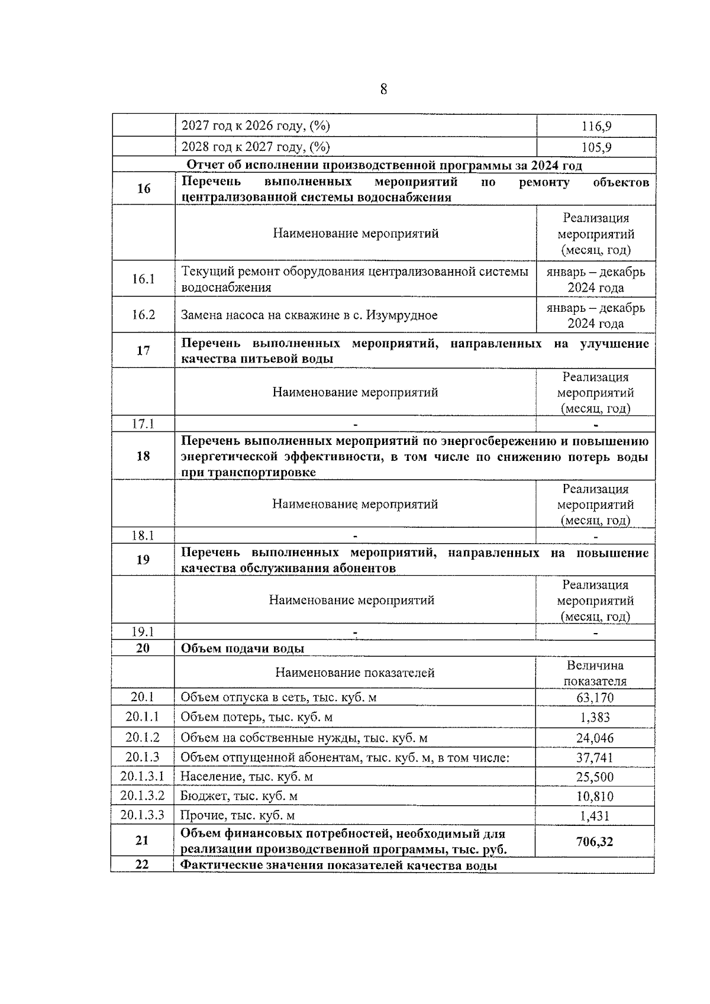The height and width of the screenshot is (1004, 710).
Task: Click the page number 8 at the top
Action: pos(383,89)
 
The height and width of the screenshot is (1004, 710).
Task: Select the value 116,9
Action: pos(596,126)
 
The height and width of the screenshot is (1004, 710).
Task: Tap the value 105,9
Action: pos(596,147)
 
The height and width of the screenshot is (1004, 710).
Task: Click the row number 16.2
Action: pos(143,315)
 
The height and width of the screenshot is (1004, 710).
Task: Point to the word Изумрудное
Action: pos(402,315)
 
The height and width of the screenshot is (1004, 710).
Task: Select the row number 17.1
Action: pos(143,424)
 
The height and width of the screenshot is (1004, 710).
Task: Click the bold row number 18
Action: pos(143,456)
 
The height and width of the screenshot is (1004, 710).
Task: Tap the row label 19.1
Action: pos(143,632)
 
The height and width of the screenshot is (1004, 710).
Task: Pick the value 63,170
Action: pos(595,698)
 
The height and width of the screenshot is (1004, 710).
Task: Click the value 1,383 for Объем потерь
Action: pos(595,718)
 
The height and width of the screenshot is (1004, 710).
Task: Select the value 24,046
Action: pos(595,738)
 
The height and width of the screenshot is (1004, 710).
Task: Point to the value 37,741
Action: pos(595,758)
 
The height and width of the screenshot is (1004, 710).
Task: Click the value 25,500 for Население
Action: pos(595,777)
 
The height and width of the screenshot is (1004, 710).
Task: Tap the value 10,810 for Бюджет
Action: pos(595,796)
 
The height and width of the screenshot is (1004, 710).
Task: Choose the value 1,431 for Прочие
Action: pos(595,816)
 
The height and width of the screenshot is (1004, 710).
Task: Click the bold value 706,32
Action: pos(595,841)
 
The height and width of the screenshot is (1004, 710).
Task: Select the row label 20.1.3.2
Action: pos(142,796)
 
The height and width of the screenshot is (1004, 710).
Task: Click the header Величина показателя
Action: pos(595,673)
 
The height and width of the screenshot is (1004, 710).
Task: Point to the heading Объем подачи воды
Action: pos(242,648)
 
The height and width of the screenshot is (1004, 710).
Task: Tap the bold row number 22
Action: pos(142,864)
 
